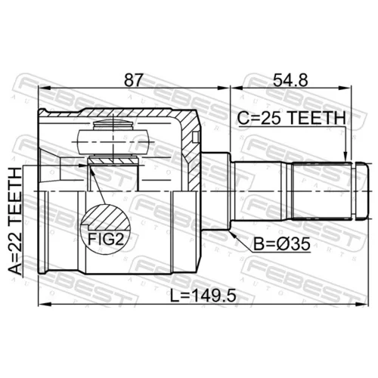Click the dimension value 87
134,80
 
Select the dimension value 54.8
290,80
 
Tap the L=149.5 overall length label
203,296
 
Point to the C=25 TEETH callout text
292,118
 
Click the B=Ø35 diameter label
282,244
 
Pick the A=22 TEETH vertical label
15,221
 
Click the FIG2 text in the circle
106,239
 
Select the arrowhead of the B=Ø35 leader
233,234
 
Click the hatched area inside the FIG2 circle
108,217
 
